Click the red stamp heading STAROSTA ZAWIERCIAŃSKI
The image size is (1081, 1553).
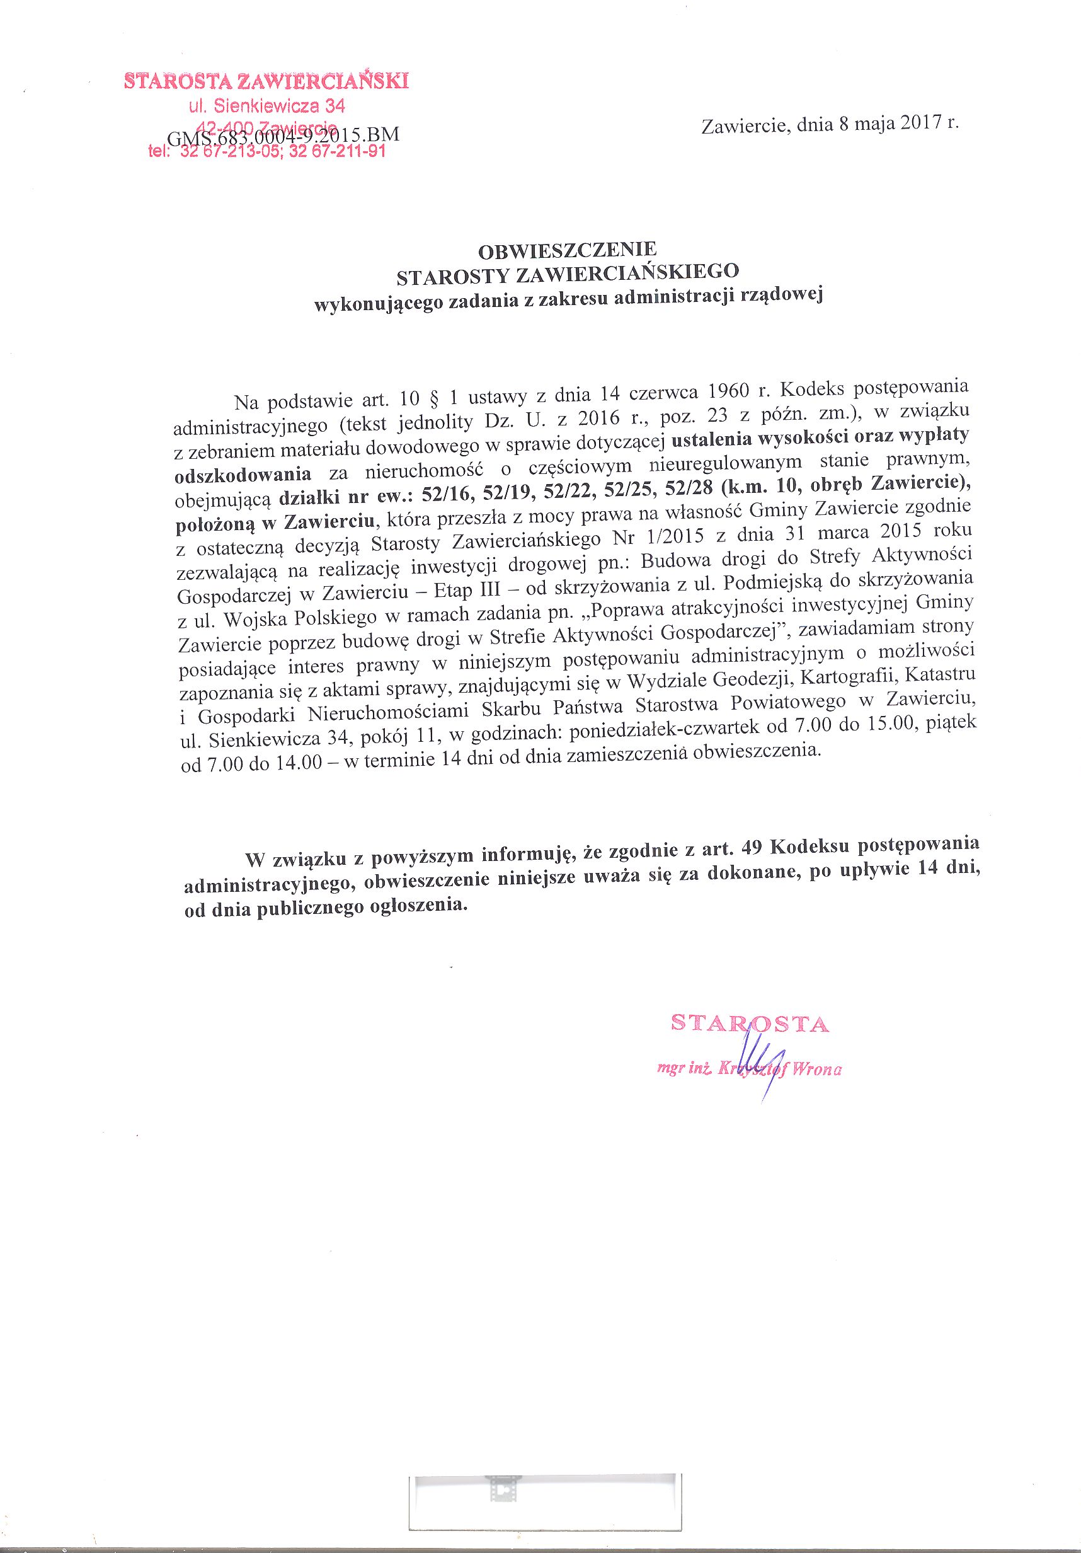click(266, 83)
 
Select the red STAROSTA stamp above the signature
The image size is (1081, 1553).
click(749, 1024)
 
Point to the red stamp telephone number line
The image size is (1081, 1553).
click(266, 151)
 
